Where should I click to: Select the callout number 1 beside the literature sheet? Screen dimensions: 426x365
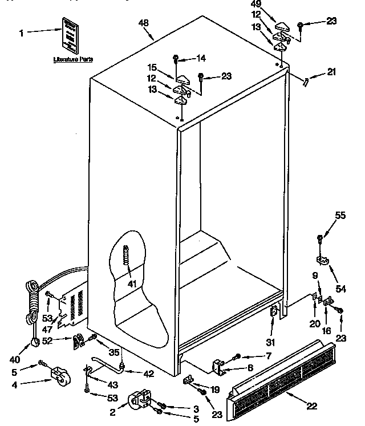tap(22, 34)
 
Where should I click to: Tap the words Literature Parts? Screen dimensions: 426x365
tap(73, 59)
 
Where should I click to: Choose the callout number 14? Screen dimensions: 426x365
tap(200, 58)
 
